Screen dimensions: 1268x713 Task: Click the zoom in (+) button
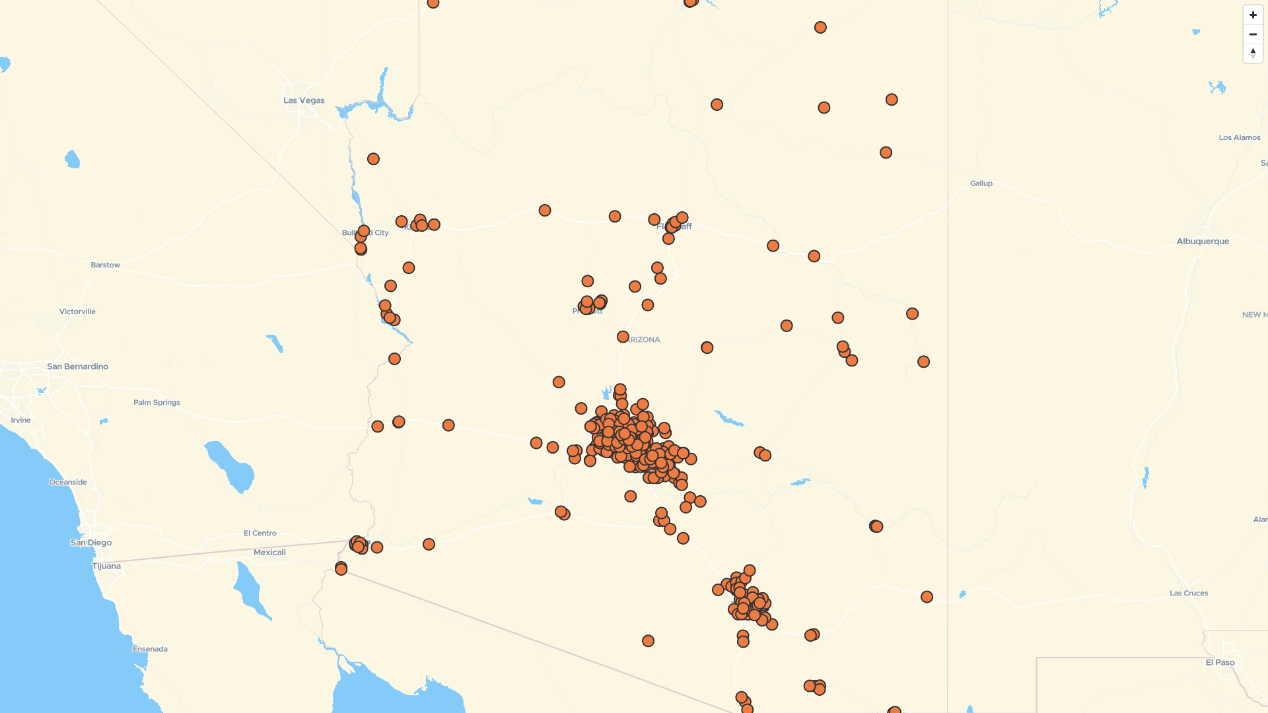(x=1253, y=15)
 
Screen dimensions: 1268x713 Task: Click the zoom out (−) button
(x=1253, y=34)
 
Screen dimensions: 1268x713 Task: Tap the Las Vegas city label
(x=304, y=100)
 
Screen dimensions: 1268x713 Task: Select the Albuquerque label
(x=1203, y=241)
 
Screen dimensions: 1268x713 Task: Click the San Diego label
(x=91, y=543)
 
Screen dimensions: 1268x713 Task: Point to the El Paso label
(x=1220, y=662)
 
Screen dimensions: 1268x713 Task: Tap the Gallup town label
(x=981, y=184)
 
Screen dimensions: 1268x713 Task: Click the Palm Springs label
(x=157, y=402)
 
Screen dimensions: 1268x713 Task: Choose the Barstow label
(x=106, y=265)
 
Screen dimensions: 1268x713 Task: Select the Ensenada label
(x=150, y=649)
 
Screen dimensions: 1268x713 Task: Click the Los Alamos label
(x=1239, y=137)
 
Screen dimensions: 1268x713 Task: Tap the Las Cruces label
(x=1188, y=593)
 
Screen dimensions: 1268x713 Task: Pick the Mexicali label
(x=269, y=553)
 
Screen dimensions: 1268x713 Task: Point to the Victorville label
(x=77, y=312)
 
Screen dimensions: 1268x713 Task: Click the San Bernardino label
(x=77, y=366)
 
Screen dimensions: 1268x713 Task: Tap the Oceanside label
(x=68, y=482)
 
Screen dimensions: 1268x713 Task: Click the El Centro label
(x=260, y=533)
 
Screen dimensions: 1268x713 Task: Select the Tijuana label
(x=106, y=566)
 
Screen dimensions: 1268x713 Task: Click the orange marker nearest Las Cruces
(x=927, y=597)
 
